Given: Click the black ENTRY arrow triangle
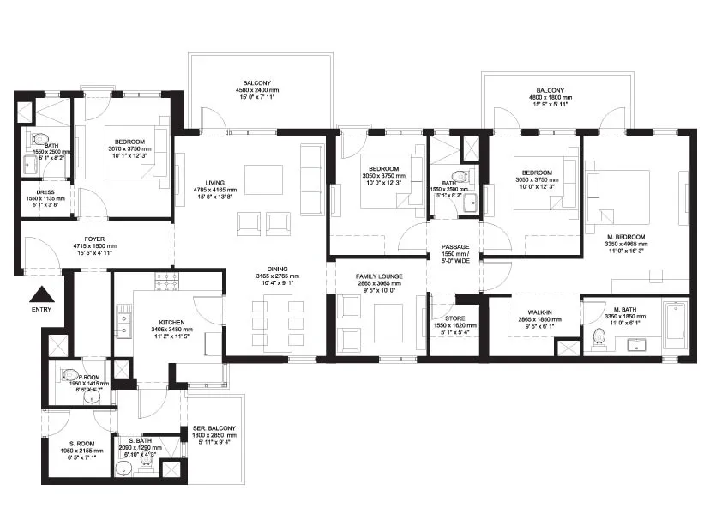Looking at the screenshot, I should coord(41,292).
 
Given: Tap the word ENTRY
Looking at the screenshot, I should coord(41,309).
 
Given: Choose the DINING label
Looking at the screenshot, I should coord(276,268).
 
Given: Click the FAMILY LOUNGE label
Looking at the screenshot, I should coord(379,276).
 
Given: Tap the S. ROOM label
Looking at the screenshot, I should coord(73,442).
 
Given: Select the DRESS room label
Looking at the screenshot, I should coord(45,191).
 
